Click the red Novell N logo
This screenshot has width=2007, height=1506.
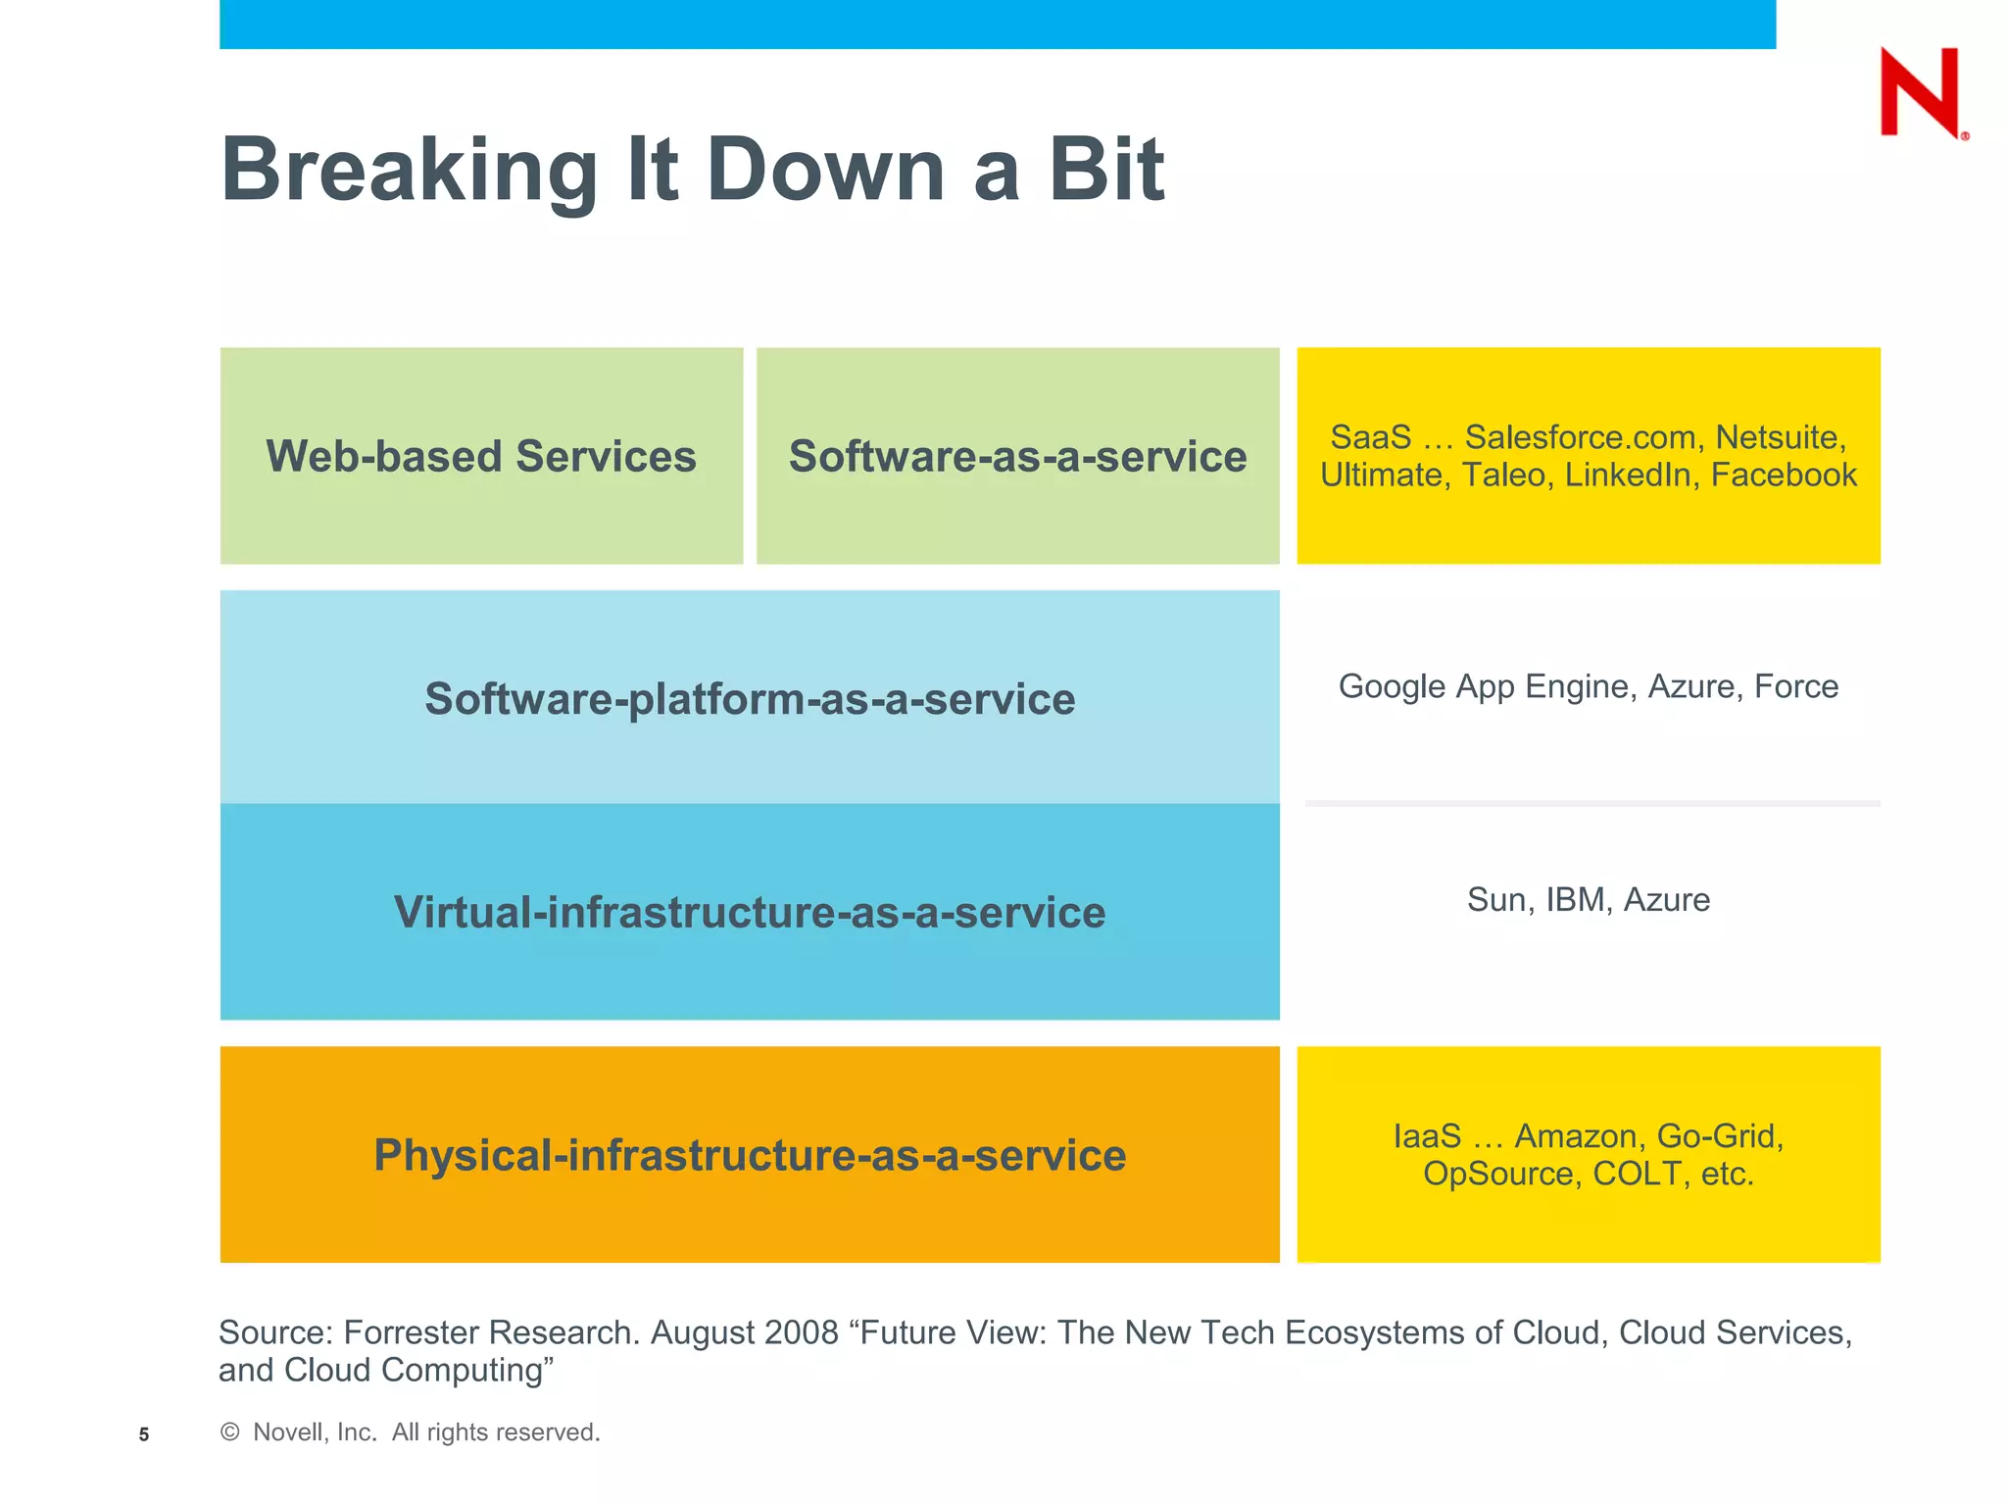[x=1920, y=92]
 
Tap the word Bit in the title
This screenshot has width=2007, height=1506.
[x=1106, y=170]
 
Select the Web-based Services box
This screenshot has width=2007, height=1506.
[x=481, y=456]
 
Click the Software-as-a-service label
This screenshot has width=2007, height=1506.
[x=1017, y=456]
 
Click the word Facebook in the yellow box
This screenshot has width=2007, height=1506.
[x=1784, y=475]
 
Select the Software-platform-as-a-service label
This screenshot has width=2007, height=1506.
[x=750, y=699]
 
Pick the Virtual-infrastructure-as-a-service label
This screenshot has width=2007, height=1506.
[x=750, y=912]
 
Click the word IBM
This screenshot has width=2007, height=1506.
[x=1575, y=900]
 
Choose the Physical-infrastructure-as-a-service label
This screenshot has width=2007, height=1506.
[x=750, y=1155]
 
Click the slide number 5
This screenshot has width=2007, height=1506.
[x=144, y=1434]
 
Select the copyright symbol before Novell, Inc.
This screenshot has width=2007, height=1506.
[x=230, y=1432]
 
